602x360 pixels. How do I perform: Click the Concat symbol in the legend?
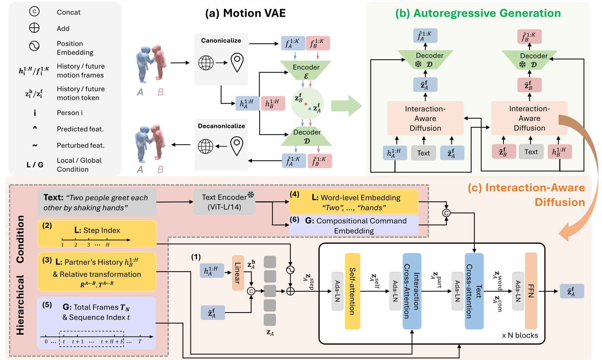[x=34, y=11]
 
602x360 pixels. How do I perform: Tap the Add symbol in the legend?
[x=34, y=28]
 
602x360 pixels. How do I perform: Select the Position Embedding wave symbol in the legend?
[x=34, y=46]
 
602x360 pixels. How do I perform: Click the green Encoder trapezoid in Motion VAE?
[x=306, y=70]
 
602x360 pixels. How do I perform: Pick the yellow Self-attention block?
[x=352, y=291]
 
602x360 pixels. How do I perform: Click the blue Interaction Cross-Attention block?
[x=412, y=291]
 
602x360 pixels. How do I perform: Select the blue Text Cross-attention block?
[x=474, y=291]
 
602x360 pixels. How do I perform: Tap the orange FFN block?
[x=531, y=291]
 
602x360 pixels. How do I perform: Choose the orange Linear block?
[x=238, y=273]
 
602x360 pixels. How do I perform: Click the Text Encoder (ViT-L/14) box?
[x=224, y=202]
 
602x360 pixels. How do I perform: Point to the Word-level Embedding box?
[x=354, y=202]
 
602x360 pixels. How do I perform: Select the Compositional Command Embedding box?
[x=354, y=225]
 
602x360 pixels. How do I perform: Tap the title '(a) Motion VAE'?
[x=245, y=13]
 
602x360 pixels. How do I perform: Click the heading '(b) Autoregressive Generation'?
[x=478, y=13]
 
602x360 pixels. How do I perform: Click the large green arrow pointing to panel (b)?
[x=347, y=106]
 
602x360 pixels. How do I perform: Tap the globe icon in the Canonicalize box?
[x=206, y=63]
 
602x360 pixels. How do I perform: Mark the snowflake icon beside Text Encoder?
[x=251, y=195]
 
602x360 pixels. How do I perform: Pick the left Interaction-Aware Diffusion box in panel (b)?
[x=425, y=118]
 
